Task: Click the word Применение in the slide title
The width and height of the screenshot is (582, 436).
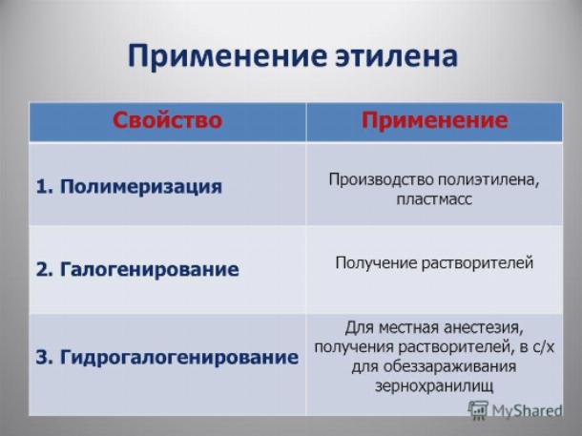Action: coord(227,56)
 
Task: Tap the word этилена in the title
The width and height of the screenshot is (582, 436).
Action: coord(396,56)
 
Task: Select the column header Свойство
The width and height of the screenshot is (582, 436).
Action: coord(167,120)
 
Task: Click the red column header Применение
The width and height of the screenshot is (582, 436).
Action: coord(435,120)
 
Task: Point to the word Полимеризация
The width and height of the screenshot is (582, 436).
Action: coord(141,187)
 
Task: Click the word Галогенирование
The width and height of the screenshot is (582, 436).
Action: coord(149,269)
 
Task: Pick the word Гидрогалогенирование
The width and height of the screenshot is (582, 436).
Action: coord(179,358)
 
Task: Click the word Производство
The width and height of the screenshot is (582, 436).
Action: coord(382,179)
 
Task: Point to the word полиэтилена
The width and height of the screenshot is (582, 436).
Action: coord(488,180)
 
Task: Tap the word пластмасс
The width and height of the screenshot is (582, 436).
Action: coord(434,199)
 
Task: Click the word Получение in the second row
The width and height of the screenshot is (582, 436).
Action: coord(376,263)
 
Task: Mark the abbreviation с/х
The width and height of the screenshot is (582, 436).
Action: coord(544,347)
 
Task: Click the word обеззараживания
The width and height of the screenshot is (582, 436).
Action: coord(450,366)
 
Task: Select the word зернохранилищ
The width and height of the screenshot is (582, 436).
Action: coord(434,385)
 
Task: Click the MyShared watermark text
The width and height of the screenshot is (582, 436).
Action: coord(527,411)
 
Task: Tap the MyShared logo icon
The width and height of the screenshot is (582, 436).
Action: coord(478,409)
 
